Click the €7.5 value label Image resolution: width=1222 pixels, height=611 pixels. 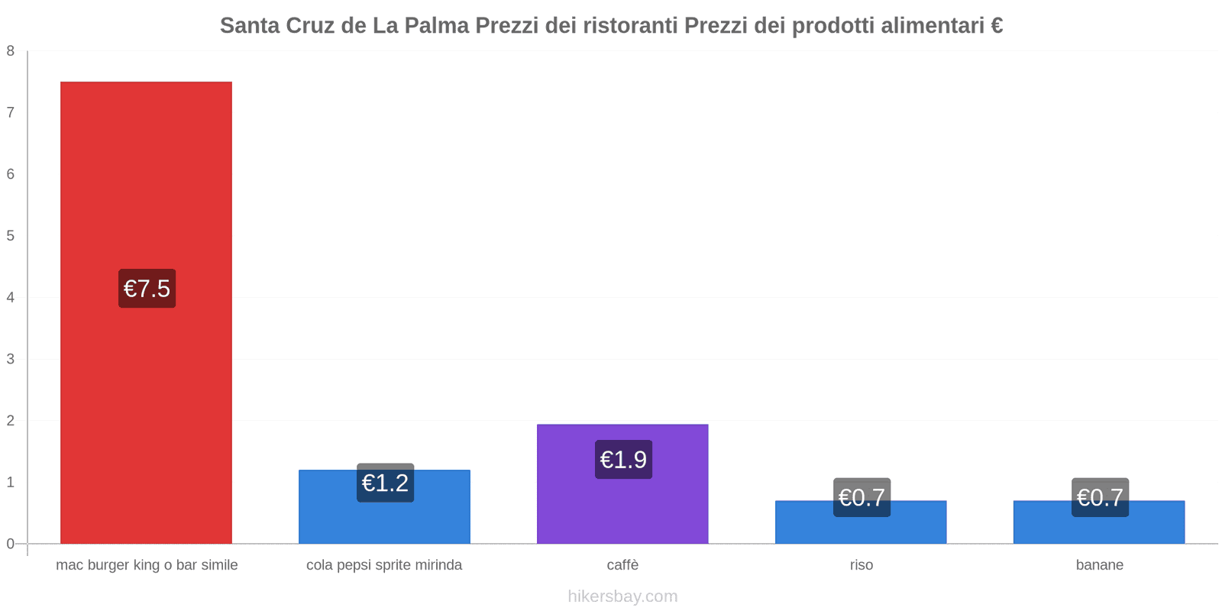coord(147,289)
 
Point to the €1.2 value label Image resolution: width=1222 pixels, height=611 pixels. coord(385,483)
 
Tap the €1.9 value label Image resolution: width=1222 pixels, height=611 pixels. coord(623,460)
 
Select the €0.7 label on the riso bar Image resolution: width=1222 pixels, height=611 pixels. coord(862,497)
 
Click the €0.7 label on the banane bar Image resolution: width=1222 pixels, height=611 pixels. coord(1100,497)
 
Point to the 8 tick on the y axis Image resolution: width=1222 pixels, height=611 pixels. coord(11,51)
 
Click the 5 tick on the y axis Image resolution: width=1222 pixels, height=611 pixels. coord(11,236)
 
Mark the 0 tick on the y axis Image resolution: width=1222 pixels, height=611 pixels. coord(11,544)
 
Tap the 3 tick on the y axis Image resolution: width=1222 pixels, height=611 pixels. coord(11,359)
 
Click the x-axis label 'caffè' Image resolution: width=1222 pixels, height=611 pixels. coord(622,565)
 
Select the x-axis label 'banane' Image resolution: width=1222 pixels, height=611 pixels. coord(1099,565)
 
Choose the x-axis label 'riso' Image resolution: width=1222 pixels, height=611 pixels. coord(861,565)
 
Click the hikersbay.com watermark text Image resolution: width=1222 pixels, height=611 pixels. coord(622,596)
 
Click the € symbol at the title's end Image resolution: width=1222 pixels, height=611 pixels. coord(996,26)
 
